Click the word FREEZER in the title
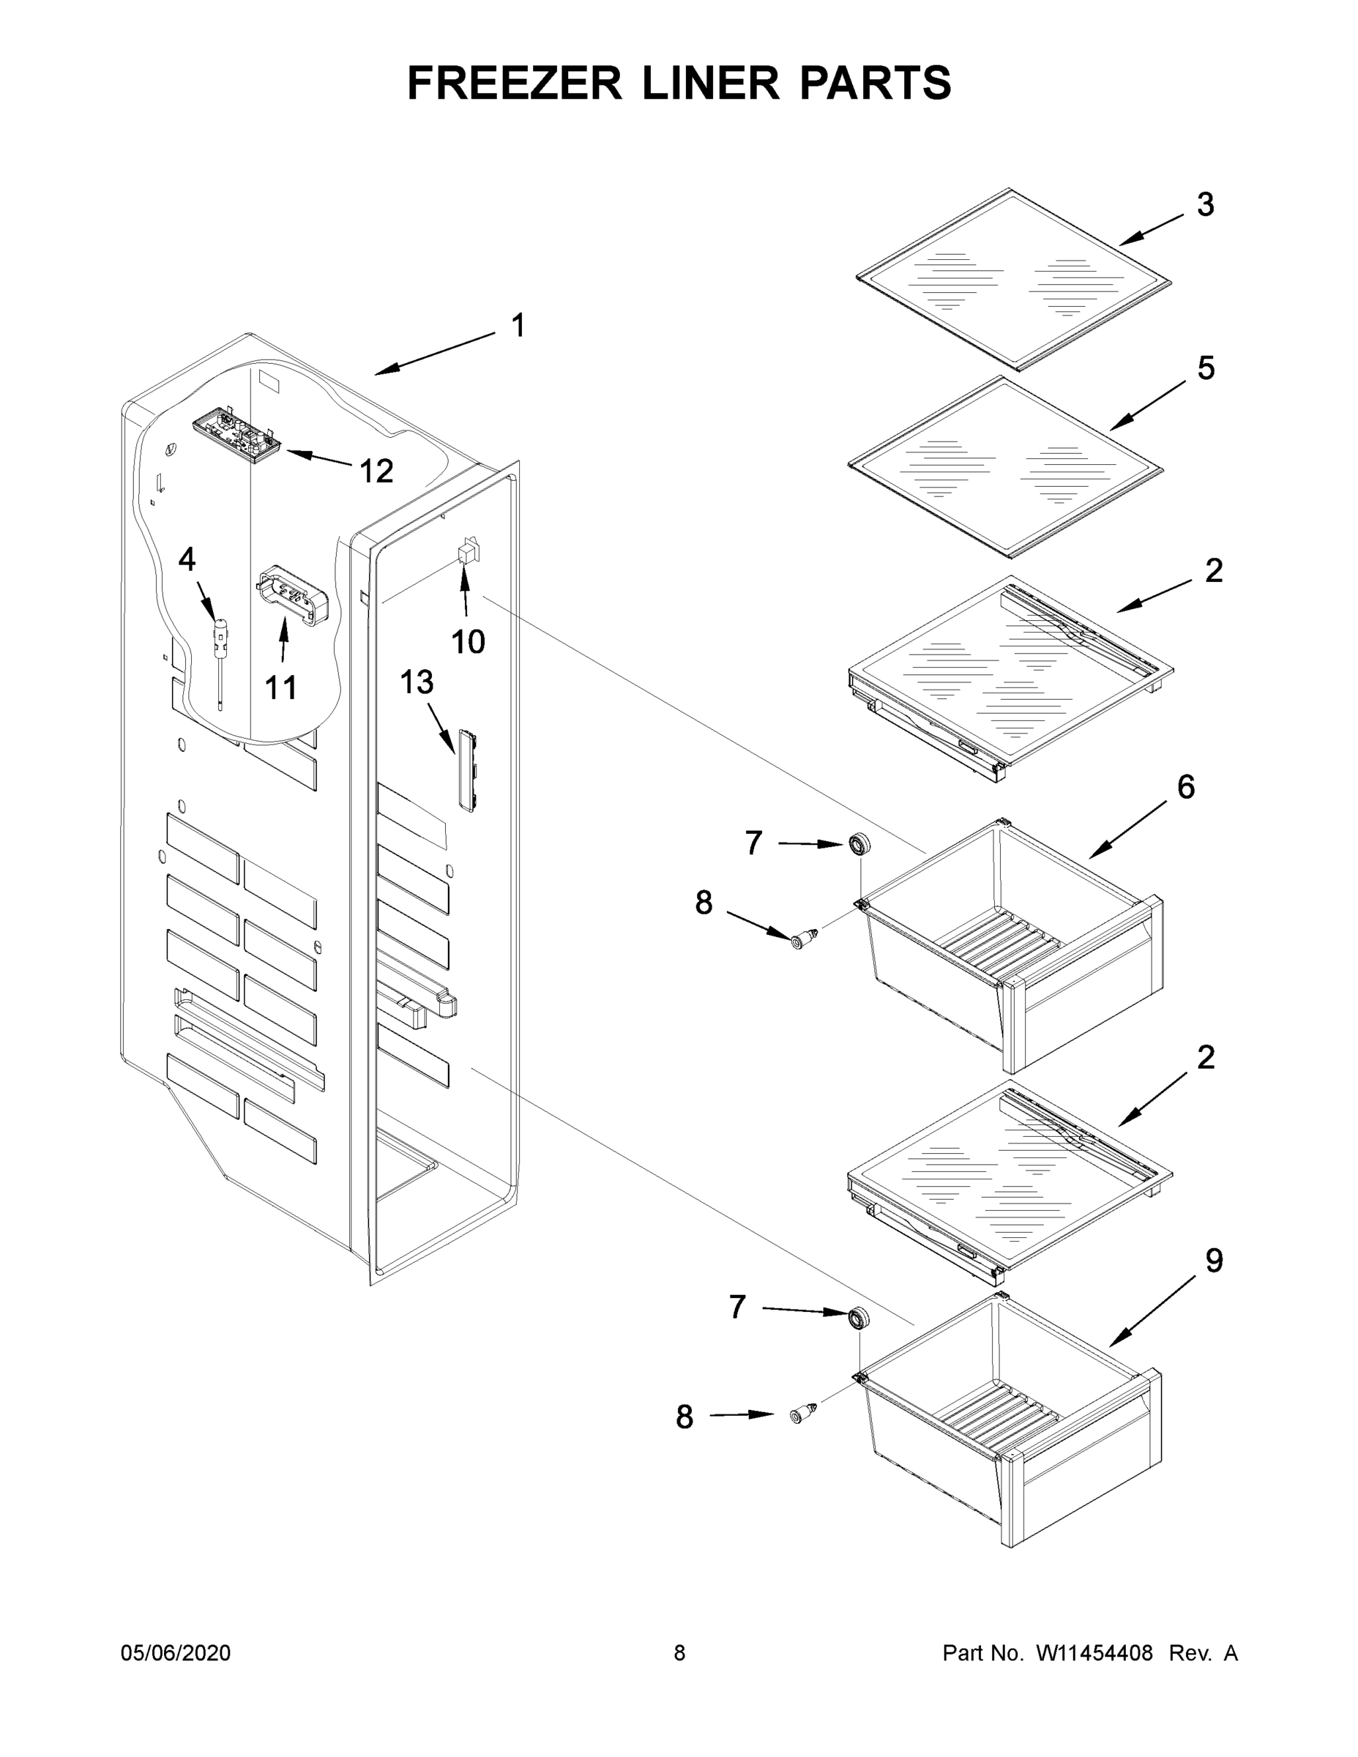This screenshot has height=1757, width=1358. click(x=515, y=83)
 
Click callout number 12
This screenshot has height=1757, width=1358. click(x=376, y=471)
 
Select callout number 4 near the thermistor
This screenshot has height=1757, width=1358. click(x=187, y=559)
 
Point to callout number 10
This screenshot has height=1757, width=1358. click(x=467, y=642)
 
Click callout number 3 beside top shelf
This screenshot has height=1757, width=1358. click(x=1204, y=205)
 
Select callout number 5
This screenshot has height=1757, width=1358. click(x=1205, y=368)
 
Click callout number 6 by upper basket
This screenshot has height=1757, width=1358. click(x=1186, y=787)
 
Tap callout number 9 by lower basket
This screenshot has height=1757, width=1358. click(x=1213, y=1261)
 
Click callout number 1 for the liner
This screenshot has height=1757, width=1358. click(x=519, y=326)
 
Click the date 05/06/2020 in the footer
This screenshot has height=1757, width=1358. click(x=176, y=1653)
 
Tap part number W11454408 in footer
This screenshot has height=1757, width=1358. click(x=1094, y=1653)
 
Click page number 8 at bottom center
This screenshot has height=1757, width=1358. click(x=679, y=1653)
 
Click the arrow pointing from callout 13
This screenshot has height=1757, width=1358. click(x=441, y=728)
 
